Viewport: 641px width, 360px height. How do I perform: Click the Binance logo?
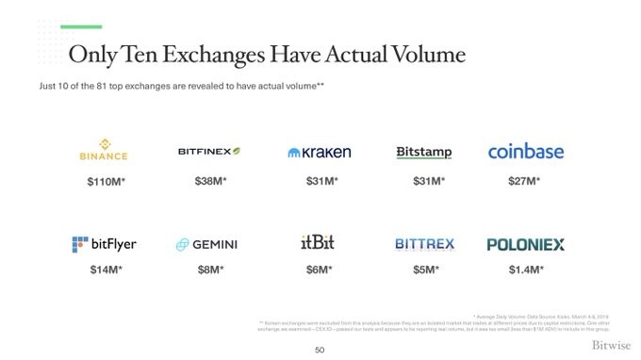[103, 152]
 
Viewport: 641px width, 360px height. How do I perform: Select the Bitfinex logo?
[209, 152]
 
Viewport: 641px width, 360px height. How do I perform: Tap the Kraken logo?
[320, 152]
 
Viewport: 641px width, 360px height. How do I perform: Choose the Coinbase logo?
[525, 152]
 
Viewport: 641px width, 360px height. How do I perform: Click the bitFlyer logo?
[104, 244]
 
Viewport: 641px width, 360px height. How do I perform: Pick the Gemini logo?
[206, 245]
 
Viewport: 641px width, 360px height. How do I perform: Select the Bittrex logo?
[424, 244]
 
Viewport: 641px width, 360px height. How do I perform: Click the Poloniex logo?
[525, 245]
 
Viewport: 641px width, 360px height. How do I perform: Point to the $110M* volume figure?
[106, 181]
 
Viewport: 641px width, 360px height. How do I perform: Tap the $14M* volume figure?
[104, 270]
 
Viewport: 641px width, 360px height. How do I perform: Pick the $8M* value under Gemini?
[210, 270]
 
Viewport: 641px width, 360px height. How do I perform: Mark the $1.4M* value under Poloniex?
[525, 270]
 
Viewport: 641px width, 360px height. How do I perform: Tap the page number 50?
[320, 351]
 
